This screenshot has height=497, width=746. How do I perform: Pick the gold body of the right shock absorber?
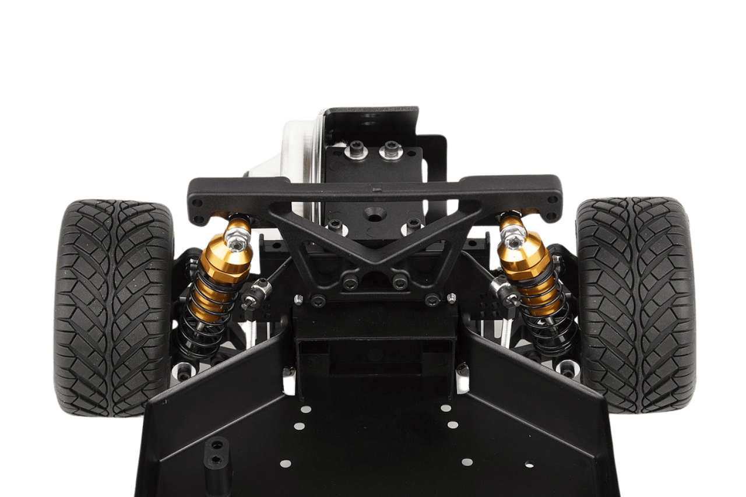coord(525,262)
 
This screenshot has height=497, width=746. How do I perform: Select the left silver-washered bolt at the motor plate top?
coord(356,153)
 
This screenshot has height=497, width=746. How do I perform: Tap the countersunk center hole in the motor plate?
coord(373,215)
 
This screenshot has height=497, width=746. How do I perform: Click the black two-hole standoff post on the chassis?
coord(216,452)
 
